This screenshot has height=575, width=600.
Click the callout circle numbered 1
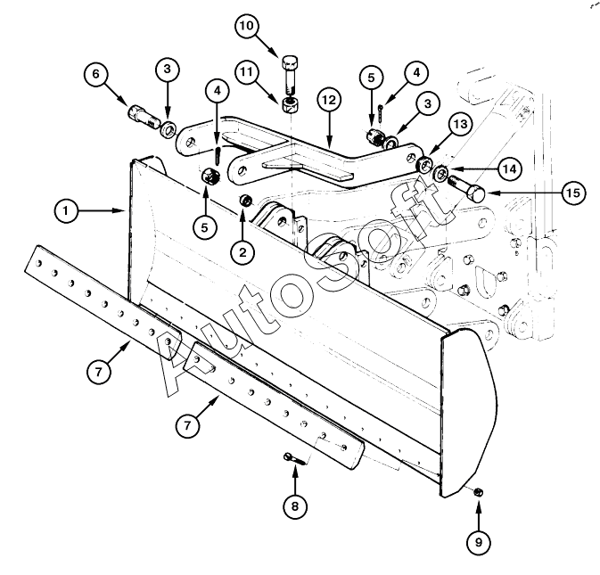(66, 210)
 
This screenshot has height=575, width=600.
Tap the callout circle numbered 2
(242, 251)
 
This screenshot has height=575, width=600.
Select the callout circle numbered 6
(95, 73)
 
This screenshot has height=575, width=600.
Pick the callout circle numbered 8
(295, 506)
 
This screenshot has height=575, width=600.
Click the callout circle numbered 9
(479, 542)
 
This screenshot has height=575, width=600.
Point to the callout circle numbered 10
(247, 26)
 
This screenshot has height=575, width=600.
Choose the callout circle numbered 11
(247, 71)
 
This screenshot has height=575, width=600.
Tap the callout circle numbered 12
(329, 100)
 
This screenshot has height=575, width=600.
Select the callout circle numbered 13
(460, 124)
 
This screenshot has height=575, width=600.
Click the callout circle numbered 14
(510, 168)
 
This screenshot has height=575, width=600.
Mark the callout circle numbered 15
(573, 193)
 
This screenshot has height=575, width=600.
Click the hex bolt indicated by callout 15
(466, 188)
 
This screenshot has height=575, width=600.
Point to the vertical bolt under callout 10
(290, 75)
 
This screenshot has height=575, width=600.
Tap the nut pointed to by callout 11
(291, 105)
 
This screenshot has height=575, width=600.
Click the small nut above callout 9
(478, 492)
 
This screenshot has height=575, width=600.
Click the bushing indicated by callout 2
(245, 200)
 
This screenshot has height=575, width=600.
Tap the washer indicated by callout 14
(440, 172)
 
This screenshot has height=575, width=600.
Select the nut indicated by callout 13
(423, 166)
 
